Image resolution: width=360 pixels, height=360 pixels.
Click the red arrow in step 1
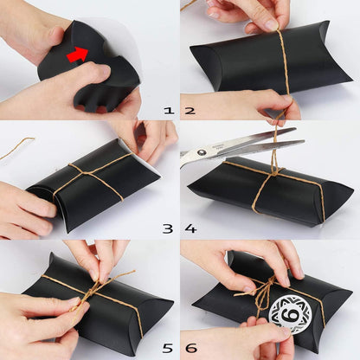[x=77, y=55]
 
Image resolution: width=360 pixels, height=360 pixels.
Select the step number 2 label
[x=190, y=111]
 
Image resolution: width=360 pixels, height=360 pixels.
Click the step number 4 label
[x=190, y=229]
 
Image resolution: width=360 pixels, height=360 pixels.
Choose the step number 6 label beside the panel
[x=190, y=349]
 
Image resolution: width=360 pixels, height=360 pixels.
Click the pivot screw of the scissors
[x=205, y=151]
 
